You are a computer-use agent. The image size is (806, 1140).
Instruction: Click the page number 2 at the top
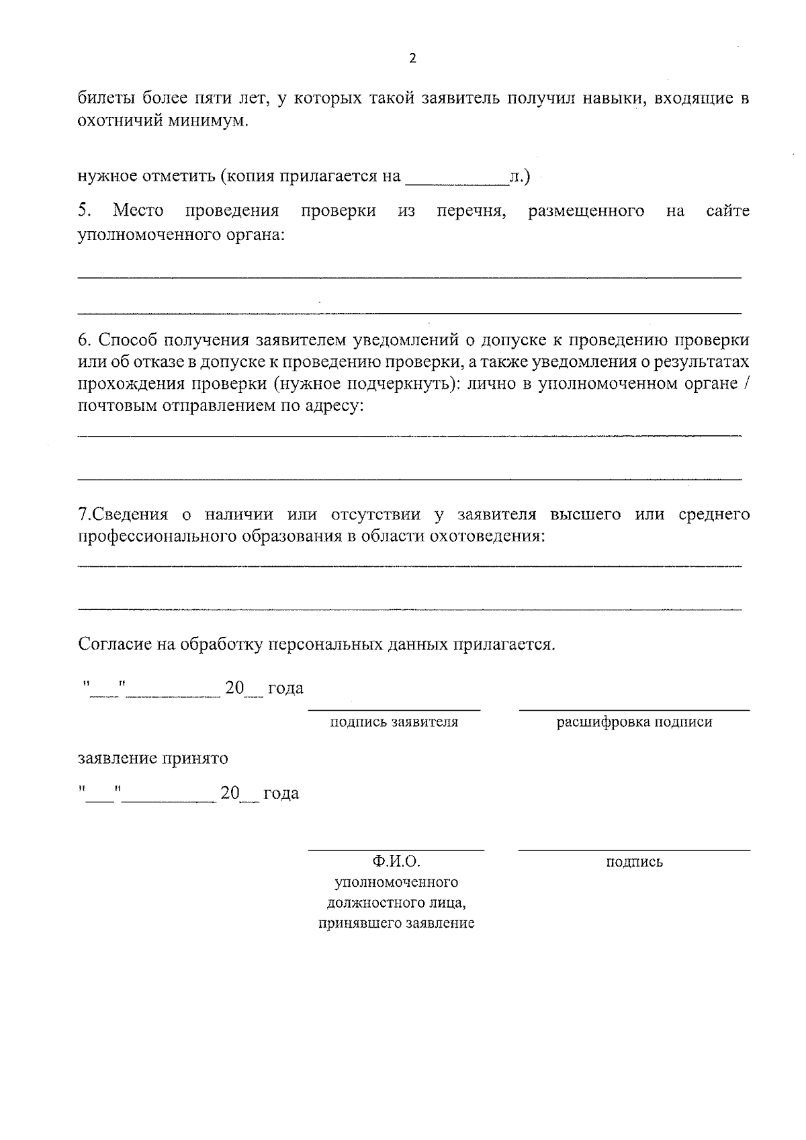tap(412, 58)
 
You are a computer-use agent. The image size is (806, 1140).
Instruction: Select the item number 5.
tap(85, 211)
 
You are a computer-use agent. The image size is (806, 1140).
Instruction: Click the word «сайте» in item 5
tap(727, 211)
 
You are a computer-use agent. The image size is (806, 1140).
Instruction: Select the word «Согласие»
tap(115, 645)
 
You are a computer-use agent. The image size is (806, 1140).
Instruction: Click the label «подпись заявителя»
tap(394, 722)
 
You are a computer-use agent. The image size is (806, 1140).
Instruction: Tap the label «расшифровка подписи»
tap(634, 722)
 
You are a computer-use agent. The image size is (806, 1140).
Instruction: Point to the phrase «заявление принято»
tap(153, 758)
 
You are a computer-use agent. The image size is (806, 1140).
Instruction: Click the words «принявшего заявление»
tap(396, 923)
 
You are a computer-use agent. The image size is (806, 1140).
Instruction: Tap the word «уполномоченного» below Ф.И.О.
tap(396, 881)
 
